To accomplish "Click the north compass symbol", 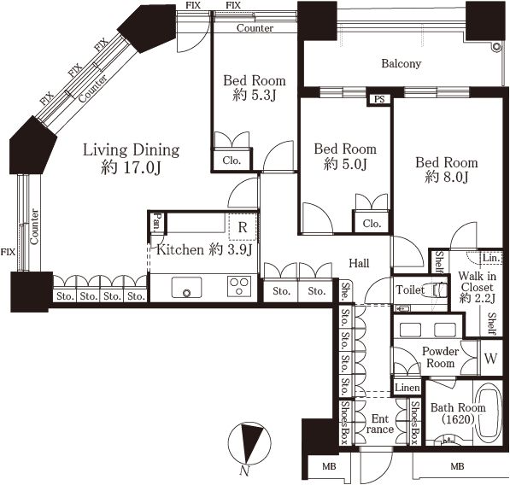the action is tap(249, 444).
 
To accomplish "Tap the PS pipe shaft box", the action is tap(379, 99).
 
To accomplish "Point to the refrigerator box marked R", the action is tap(243, 227).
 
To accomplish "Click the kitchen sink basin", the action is tap(187, 287).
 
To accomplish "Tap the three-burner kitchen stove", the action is tap(239, 286).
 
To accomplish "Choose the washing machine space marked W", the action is tap(491, 359).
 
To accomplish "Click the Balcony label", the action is tap(401, 63).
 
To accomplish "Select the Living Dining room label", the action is tap(131, 150).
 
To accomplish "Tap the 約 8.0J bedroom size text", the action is tap(446, 177).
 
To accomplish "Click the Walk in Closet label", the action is tap(478, 282).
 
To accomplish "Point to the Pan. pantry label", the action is tap(158, 222).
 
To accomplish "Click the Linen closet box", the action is tap(407, 388).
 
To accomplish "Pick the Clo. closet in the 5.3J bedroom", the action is tap(232, 161).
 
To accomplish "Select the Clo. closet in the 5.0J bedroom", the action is tap(372, 224).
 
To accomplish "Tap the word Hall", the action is tap(359, 263).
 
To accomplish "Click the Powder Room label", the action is tap(441, 357).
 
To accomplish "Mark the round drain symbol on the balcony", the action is tap(496, 48).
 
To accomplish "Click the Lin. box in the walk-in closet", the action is tap(491, 258).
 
